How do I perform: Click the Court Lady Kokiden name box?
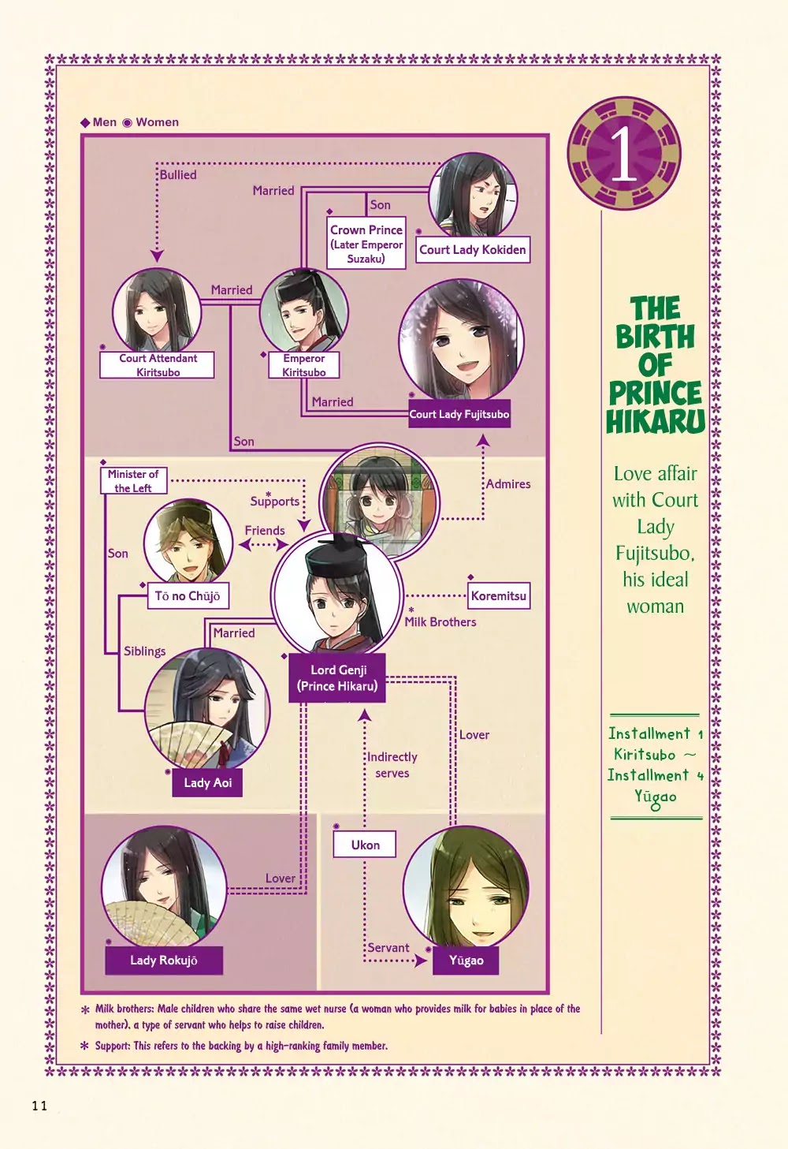472,250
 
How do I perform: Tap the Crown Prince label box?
366,243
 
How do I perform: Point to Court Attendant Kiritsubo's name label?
157,365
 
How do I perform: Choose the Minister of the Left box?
133,480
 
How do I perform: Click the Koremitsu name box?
498,595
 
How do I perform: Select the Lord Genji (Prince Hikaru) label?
336,677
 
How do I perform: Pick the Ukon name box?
365,845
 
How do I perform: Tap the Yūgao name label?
466,961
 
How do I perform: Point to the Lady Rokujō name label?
164,961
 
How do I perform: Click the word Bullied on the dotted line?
178,175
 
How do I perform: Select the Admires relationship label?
508,483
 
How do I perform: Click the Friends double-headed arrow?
264,545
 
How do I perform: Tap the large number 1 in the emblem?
624,154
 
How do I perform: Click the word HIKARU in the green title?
655,420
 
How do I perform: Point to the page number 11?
39,1106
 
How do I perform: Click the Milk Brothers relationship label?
440,621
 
